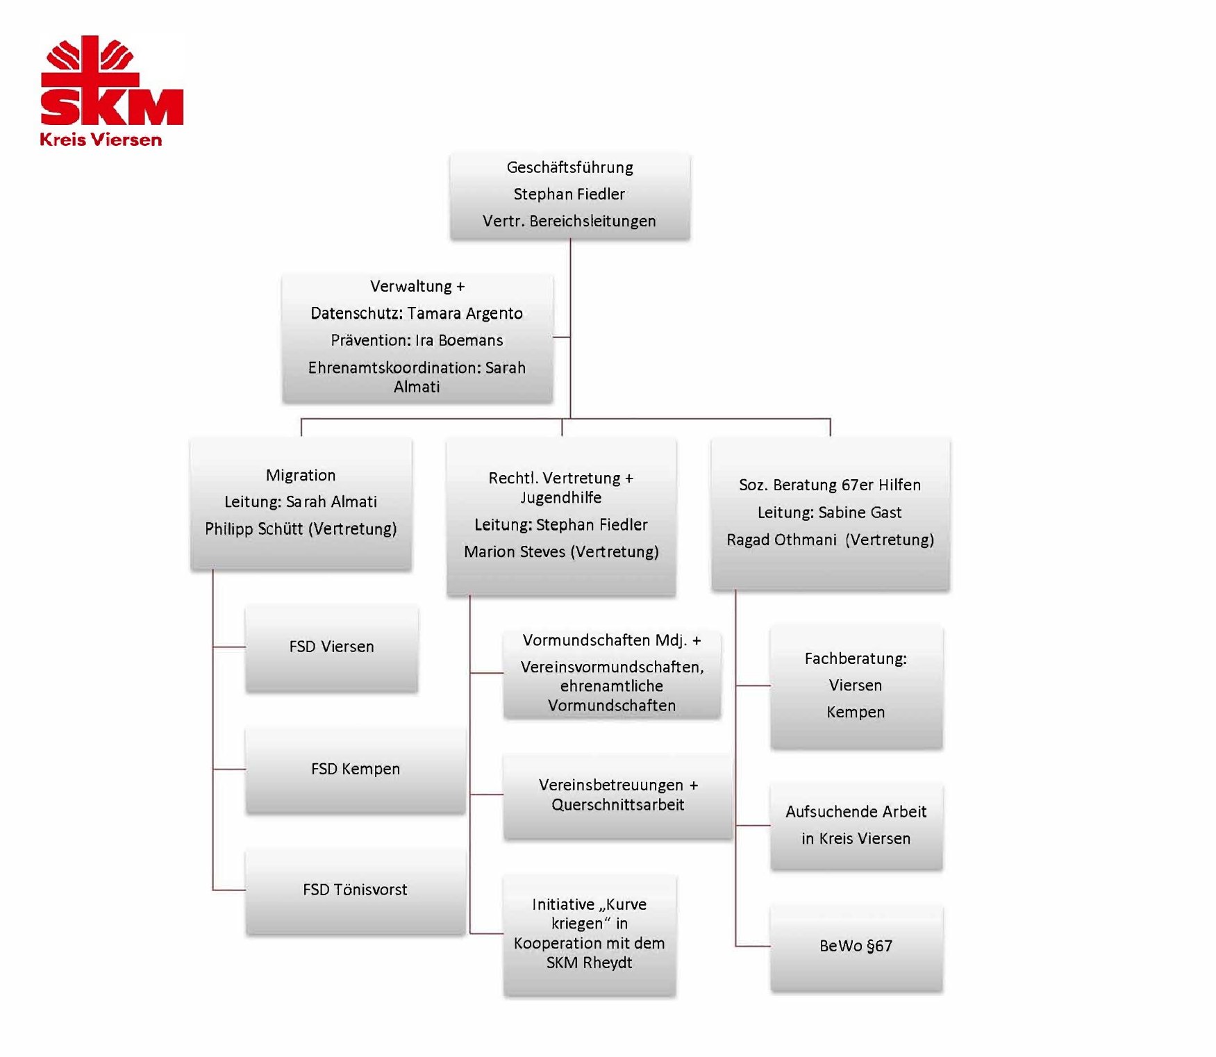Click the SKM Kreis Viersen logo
coord(111,90)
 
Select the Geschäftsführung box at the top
coord(569,195)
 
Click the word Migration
coord(301,475)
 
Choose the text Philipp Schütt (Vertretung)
coord(301,528)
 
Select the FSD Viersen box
coord(331,647)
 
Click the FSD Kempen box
coord(355,769)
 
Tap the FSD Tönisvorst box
coord(355,890)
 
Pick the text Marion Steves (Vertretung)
coord(561,551)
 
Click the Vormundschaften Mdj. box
coord(611,672)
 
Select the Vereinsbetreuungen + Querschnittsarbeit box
coord(617,795)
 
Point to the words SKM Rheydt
coord(589,963)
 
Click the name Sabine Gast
coord(860,513)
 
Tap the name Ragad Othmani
coord(781,540)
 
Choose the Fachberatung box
coord(856,685)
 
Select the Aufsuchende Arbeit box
coord(856,825)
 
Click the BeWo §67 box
coord(856,946)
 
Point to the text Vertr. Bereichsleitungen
coord(569,221)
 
